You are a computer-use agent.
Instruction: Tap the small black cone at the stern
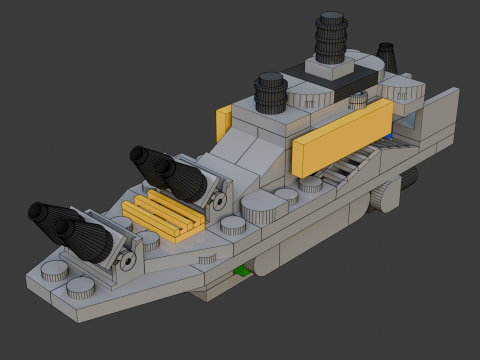click(x=386, y=56)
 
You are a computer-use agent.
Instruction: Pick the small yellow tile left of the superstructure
click(x=223, y=122)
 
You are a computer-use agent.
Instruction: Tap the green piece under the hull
click(x=241, y=271)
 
